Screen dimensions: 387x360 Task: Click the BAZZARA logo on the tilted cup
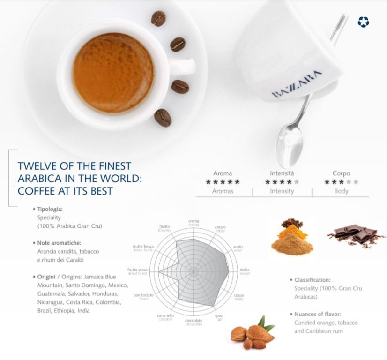coord(297,83)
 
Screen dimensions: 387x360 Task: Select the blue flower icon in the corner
coord(363,22)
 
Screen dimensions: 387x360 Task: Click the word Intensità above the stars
coord(282,173)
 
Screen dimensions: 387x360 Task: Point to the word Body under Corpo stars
coord(341,191)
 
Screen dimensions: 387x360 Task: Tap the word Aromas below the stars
coord(223,191)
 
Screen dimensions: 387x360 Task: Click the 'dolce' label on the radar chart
coord(245,270)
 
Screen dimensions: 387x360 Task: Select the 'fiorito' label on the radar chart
coord(164,226)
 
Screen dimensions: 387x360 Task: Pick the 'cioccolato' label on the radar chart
coord(194,320)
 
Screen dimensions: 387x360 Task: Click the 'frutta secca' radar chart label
coord(137,270)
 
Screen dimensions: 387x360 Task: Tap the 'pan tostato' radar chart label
coord(143,295)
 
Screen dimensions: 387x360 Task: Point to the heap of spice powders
coord(292,238)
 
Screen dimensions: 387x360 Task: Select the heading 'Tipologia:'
coord(50,209)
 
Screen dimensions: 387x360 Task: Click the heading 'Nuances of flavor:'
coord(317,315)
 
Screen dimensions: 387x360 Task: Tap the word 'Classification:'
coord(312,280)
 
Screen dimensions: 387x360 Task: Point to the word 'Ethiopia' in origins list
coord(64,311)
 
